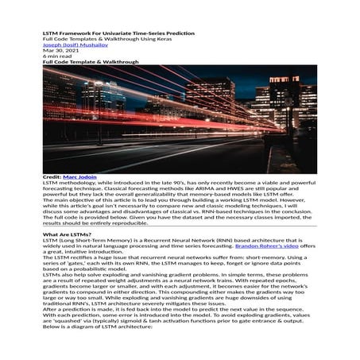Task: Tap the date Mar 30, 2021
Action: click(56, 52)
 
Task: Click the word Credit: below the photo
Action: click(52, 176)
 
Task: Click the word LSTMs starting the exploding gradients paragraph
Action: click(52, 272)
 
